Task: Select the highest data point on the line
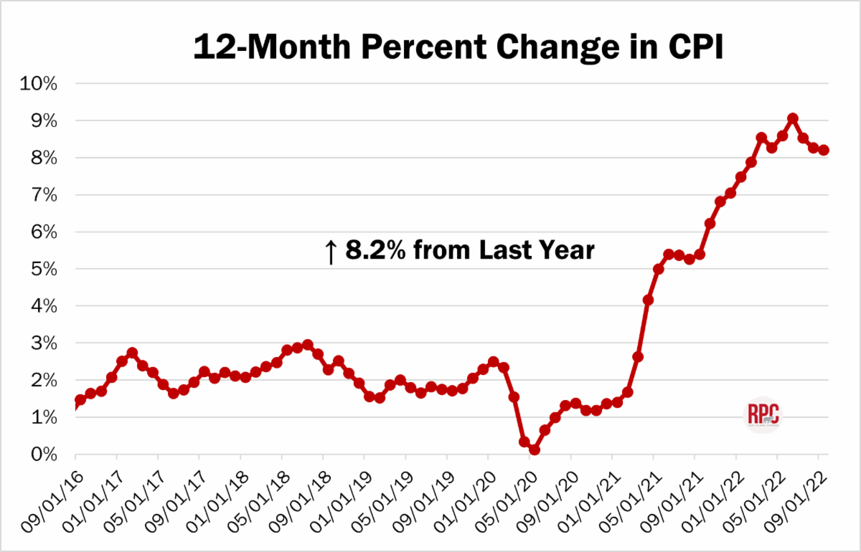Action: click(792, 118)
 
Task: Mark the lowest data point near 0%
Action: click(535, 449)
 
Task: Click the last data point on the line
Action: click(824, 150)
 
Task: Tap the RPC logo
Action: click(763, 415)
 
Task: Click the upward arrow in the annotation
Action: click(331, 252)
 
